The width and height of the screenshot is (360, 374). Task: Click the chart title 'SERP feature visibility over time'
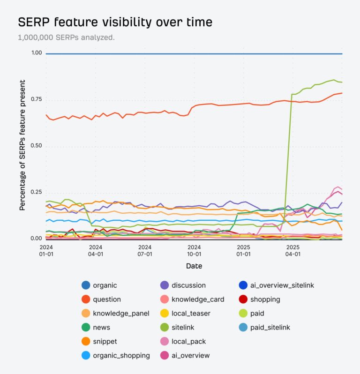115,22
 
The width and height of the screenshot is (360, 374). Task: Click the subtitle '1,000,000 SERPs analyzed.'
66,37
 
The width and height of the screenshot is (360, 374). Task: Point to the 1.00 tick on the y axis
36,53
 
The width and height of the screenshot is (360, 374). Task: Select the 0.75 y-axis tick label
36,100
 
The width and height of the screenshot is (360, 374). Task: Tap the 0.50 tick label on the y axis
36,146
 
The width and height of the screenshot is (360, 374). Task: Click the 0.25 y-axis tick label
36,193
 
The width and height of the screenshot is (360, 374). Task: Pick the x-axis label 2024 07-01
145,250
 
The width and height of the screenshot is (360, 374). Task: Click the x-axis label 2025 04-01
293,250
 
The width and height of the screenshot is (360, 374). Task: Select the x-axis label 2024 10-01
194,250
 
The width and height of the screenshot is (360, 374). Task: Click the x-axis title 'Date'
194,266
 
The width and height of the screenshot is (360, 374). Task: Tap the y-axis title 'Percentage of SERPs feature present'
22,145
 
